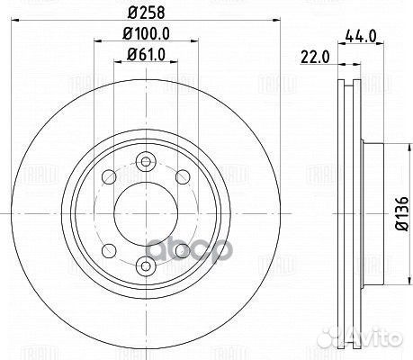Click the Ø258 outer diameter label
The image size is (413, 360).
click(146, 13)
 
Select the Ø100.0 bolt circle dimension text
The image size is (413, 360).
click(146, 33)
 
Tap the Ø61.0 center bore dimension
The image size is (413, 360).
click(146, 55)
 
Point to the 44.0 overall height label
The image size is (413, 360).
click(361, 37)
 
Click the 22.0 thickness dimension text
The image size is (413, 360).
click(315, 58)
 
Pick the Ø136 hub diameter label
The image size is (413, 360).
click(402, 213)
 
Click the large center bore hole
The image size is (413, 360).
click(146, 213)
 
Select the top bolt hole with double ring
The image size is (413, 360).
click(146, 162)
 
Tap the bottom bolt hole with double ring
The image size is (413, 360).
click(146, 265)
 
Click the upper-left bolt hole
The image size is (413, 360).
click(109, 177)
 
